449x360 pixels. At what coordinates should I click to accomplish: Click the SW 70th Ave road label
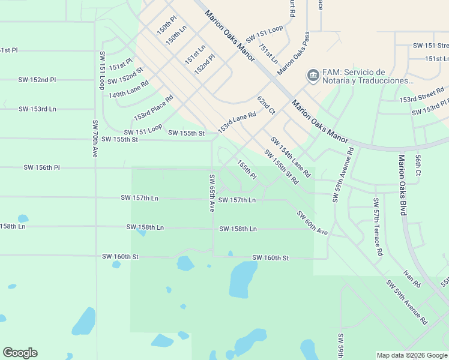pyautogui.click(x=95, y=139)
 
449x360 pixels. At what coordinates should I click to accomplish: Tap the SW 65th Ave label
pyautogui.click(x=212, y=193)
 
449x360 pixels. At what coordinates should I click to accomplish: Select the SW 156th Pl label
pyautogui.click(x=41, y=167)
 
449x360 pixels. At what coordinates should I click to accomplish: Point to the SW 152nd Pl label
pyautogui.click(x=37, y=79)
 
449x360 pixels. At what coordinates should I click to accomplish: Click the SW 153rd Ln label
pyautogui.click(x=37, y=109)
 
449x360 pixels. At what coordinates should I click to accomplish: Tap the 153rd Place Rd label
pyautogui.click(x=153, y=107)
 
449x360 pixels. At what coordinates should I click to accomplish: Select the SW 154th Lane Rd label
pyautogui.click(x=290, y=157)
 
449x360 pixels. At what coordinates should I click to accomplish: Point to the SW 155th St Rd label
pyautogui.click(x=281, y=167)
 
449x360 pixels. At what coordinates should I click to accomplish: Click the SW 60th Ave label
pyautogui.click(x=312, y=223)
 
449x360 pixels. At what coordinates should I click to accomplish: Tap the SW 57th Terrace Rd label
pyautogui.click(x=377, y=227)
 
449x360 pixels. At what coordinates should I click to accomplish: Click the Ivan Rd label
pyautogui.click(x=412, y=278)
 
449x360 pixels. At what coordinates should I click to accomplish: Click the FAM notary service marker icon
pyautogui.click(x=312, y=76)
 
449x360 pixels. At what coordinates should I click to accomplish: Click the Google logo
pyautogui.click(x=20, y=353)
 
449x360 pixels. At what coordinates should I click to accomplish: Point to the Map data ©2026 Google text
pyautogui.click(x=412, y=355)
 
